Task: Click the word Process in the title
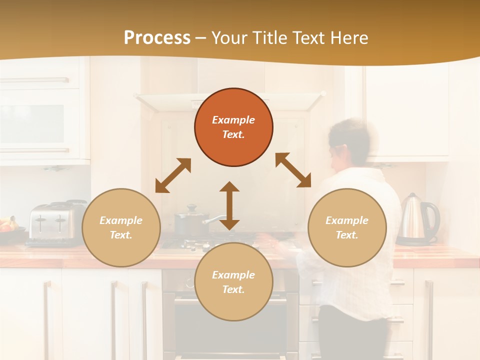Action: click(x=157, y=38)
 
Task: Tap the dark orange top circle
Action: click(x=233, y=127)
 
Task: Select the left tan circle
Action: click(x=121, y=227)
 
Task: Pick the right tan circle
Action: click(x=347, y=227)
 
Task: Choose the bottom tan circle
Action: click(x=233, y=282)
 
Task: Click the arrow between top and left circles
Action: click(x=173, y=175)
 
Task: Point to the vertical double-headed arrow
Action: click(x=229, y=205)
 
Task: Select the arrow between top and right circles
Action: click(x=293, y=170)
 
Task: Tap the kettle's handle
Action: click(x=434, y=218)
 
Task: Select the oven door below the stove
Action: click(x=230, y=325)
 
